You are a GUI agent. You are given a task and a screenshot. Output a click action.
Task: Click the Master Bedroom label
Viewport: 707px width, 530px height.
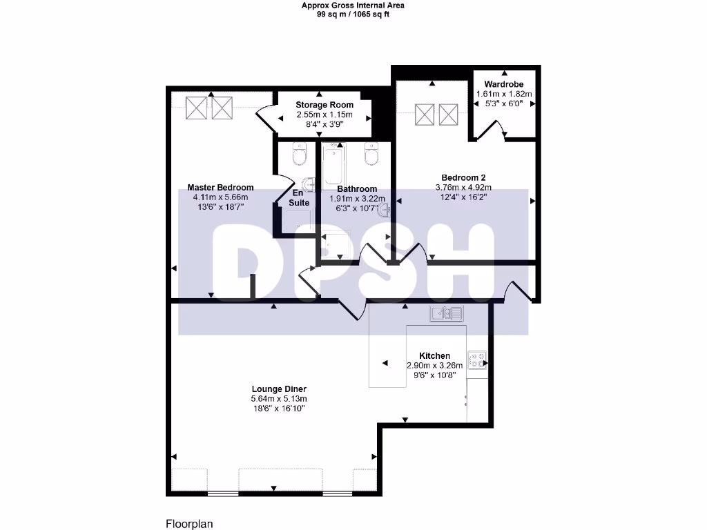220,188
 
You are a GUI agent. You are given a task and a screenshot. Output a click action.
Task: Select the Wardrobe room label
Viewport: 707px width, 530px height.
504,84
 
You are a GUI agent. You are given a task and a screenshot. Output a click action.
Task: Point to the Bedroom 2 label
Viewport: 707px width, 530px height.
463,177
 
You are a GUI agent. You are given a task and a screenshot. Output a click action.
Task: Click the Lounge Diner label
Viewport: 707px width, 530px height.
279,389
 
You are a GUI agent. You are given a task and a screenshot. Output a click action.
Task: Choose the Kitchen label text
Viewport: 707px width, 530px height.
434,356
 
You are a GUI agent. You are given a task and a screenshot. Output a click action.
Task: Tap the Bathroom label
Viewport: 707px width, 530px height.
357,189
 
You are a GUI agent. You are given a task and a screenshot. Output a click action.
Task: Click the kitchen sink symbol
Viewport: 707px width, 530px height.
446,314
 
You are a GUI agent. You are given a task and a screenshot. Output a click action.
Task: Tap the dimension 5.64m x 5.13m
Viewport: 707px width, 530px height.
279,399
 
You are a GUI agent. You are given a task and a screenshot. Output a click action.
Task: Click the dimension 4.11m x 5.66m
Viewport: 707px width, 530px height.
220,197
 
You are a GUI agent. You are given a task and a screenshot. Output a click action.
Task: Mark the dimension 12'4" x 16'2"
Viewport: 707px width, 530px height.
463,197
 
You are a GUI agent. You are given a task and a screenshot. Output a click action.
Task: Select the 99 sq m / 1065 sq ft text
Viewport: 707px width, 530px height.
353,14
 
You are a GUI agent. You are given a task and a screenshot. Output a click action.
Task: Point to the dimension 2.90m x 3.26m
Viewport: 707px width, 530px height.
434,366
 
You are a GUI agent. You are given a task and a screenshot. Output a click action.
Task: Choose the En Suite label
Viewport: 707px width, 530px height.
299,198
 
